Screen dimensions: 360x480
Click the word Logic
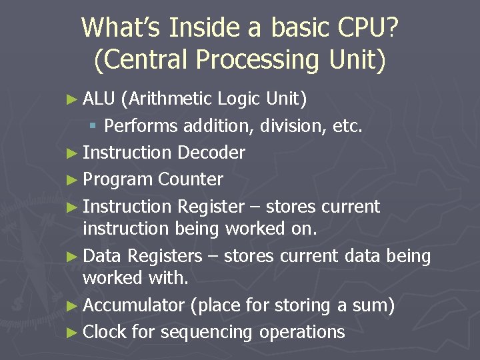click(x=239, y=99)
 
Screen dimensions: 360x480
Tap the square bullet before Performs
click(x=94, y=125)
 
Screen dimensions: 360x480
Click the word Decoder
click(x=211, y=153)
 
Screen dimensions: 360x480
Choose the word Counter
click(x=191, y=179)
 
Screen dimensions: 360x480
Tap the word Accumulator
click(x=133, y=305)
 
